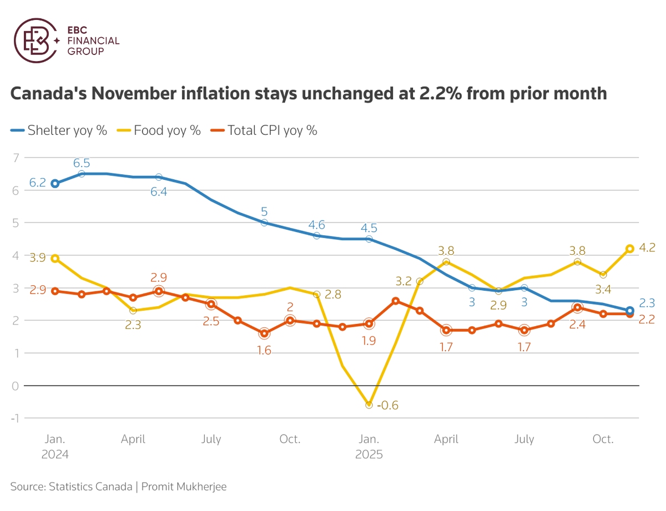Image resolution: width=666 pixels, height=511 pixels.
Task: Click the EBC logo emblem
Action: tap(34, 40)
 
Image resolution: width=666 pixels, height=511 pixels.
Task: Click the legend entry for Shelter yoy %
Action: tap(58, 130)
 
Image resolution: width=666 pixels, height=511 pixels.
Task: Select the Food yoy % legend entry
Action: tap(159, 130)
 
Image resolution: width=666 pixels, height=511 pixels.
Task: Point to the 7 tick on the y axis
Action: tap(16, 158)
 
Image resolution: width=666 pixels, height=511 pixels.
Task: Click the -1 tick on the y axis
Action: tap(14, 418)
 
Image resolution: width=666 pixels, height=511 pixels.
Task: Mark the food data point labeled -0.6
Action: tap(369, 405)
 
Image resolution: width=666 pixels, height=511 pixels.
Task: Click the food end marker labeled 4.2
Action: tap(630, 249)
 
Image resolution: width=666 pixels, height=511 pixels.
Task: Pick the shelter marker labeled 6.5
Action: tap(82, 174)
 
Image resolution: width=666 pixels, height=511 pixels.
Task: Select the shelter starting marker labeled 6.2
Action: tap(55, 184)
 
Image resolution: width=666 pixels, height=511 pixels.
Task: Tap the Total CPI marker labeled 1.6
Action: tap(264, 333)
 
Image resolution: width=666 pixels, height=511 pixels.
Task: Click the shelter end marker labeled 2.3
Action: tap(630, 311)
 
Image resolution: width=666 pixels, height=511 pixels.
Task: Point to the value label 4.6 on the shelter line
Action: tap(317, 225)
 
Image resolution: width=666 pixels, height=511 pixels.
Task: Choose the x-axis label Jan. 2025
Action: tap(369, 447)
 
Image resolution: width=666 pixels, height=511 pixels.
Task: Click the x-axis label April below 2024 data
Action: tap(133, 439)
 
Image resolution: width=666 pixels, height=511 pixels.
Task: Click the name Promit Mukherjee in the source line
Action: tap(184, 487)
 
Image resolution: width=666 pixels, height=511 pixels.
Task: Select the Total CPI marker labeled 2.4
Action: tap(577, 307)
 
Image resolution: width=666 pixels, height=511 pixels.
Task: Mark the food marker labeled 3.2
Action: tap(420, 281)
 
